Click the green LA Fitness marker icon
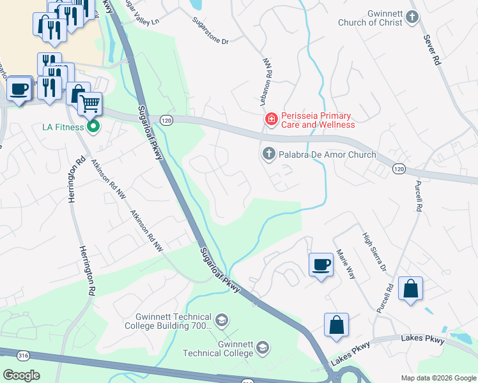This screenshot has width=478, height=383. pos(94,127)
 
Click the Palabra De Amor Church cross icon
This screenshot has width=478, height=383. pos(268,154)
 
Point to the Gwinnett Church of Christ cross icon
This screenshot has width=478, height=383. pos(413,17)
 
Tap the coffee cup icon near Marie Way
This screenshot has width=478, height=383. pos(321,264)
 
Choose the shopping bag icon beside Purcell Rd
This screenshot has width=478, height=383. pos(410,289)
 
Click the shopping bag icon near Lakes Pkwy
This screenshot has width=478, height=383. pos(336,325)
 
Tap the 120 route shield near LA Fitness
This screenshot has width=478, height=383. pos(167,120)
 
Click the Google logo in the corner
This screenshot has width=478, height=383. pos(21,375)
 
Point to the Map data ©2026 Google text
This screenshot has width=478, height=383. pos(438,378)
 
